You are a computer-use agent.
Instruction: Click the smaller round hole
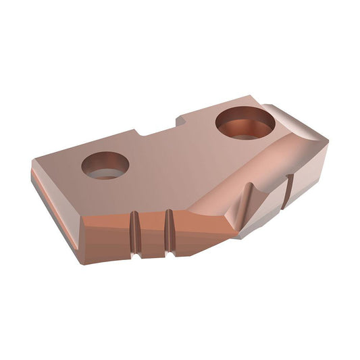[105, 165]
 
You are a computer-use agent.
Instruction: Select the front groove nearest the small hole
[136, 234]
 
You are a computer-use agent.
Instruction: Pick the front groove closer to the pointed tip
[169, 230]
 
